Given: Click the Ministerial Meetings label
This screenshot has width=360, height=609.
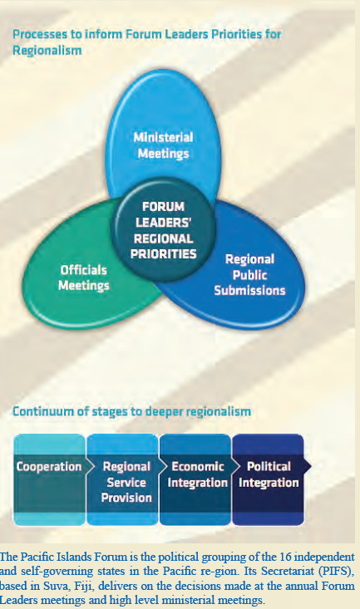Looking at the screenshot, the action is click(163, 145).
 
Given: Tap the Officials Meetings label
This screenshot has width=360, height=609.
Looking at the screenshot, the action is click(84, 277).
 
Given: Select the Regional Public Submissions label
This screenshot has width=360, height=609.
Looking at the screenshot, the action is click(249, 275).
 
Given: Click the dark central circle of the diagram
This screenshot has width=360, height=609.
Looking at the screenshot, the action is click(163, 229).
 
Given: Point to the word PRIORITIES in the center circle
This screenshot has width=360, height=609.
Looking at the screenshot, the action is click(163, 254).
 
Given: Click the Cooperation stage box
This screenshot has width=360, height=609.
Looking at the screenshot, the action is click(49, 479).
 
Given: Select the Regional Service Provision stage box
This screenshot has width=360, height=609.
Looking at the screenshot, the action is click(122, 479).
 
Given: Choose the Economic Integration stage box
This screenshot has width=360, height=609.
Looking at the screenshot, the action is click(195, 479).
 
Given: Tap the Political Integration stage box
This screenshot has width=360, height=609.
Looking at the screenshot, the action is click(268, 479).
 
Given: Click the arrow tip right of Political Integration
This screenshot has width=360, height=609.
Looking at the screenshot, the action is click(311, 466).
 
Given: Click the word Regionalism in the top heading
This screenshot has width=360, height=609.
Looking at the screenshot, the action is click(47, 51).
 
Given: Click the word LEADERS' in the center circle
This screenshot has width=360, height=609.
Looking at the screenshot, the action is click(163, 223).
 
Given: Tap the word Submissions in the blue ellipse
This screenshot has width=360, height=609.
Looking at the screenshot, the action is click(249, 291).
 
